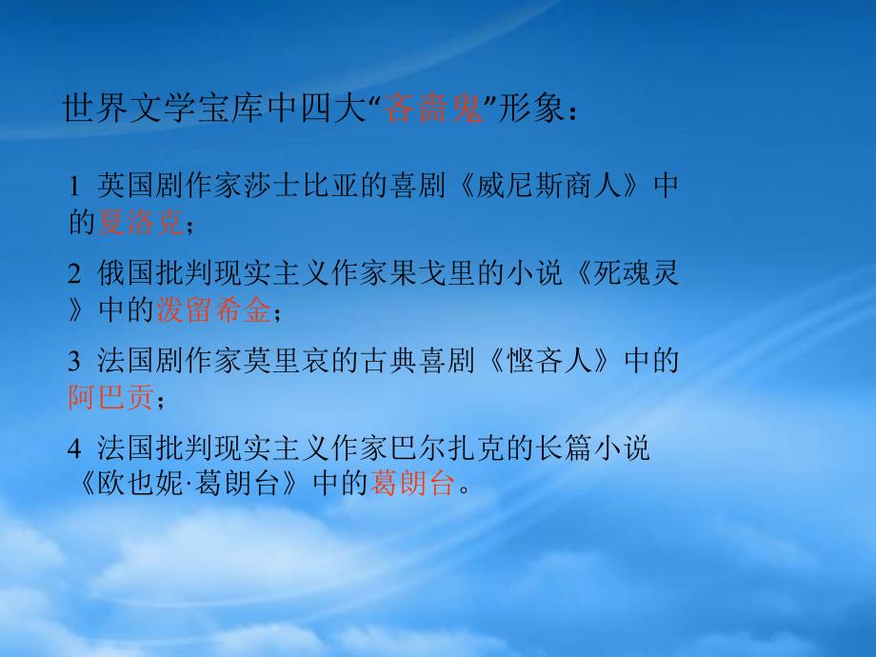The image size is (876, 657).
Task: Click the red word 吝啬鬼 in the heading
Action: click(x=433, y=108)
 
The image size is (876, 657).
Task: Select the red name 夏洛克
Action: click(x=140, y=223)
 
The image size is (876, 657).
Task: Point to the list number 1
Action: click(x=74, y=186)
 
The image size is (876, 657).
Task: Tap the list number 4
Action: click(x=75, y=448)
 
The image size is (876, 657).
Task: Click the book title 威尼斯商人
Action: click(x=548, y=186)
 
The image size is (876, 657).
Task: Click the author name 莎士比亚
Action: click(x=302, y=186)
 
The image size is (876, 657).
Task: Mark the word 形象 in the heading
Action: click(x=530, y=108)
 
